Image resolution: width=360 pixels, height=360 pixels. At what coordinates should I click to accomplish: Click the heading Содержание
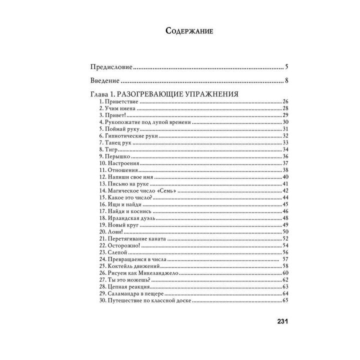pos(189,31)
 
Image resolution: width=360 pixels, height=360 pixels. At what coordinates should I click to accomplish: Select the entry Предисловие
pos(111,66)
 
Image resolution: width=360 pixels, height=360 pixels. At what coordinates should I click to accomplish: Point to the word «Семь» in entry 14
pos(167,190)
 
